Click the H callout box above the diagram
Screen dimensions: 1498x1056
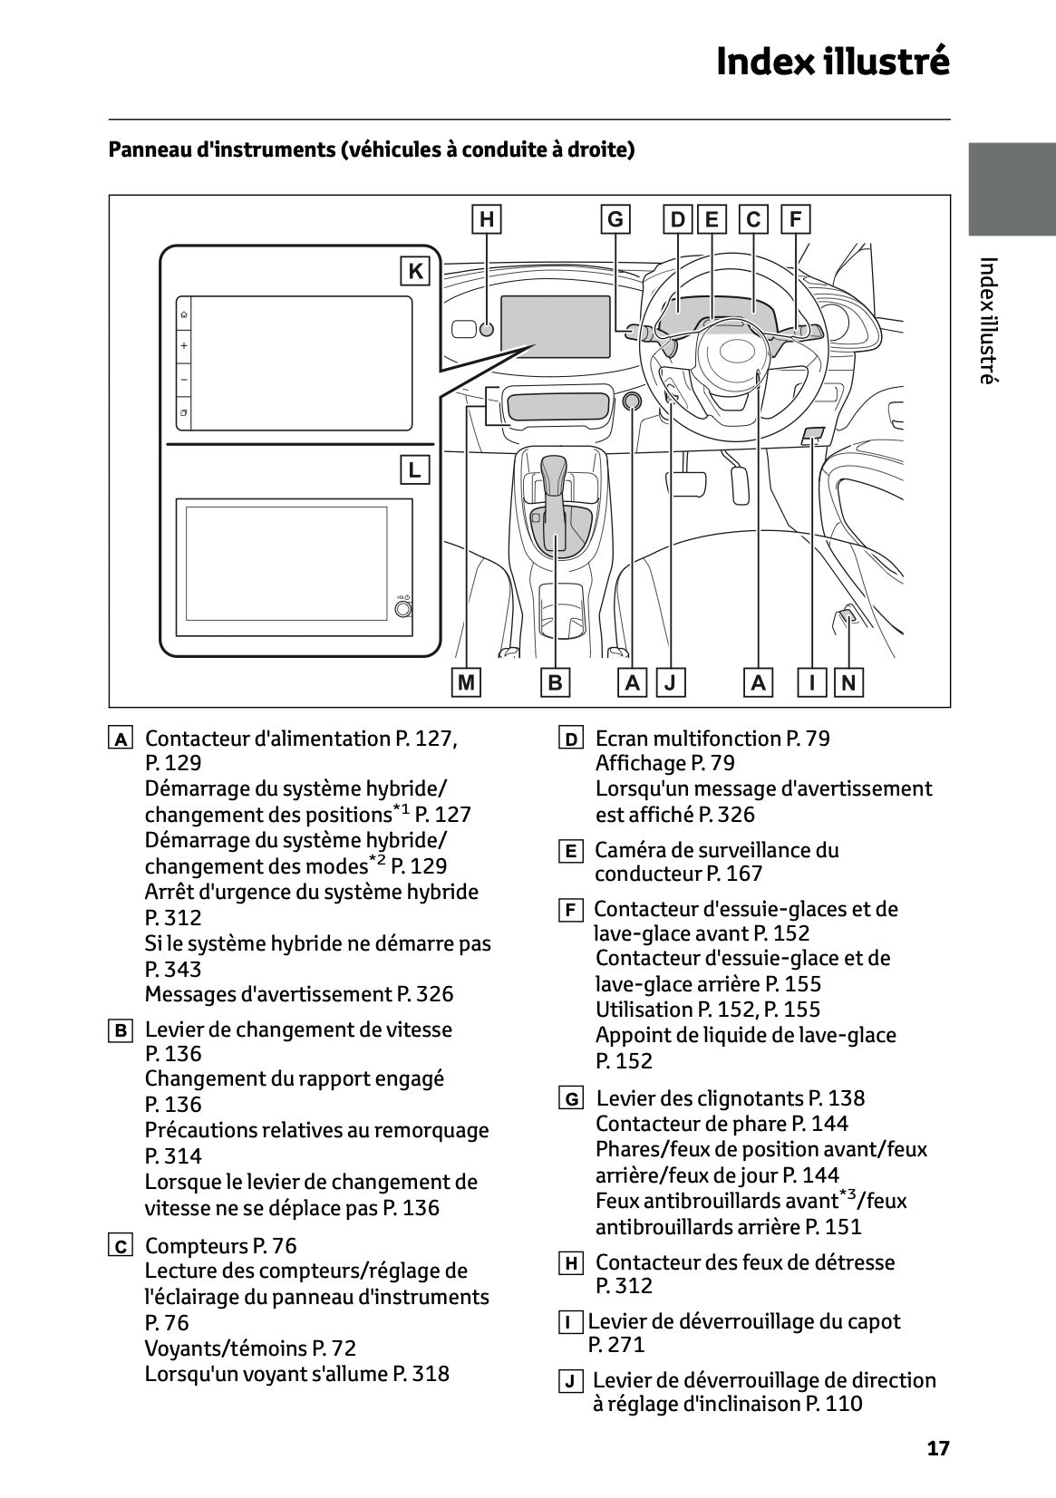[x=487, y=219]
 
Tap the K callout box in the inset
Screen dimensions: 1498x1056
[x=415, y=271]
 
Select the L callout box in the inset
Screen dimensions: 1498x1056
[x=415, y=470]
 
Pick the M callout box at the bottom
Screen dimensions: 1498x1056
[x=466, y=682]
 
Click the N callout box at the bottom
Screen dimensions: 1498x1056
[x=848, y=682]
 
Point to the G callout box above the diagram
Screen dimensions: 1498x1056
[x=615, y=219]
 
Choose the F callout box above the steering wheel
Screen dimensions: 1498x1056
[x=795, y=219]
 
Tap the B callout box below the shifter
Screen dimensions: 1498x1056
[x=555, y=682]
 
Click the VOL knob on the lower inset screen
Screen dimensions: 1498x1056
[x=403, y=608]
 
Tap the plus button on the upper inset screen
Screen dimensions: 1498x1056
[x=184, y=346]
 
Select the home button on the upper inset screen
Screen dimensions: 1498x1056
[x=184, y=314]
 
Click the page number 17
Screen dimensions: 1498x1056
[x=938, y=1448]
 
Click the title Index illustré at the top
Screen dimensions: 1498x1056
[x=832, y=62]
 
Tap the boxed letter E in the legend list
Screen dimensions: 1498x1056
[x=570, y=851]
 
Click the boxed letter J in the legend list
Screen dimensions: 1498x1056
[x=570, y=1382]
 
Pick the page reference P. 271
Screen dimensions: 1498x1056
[x=615, y=1345]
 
